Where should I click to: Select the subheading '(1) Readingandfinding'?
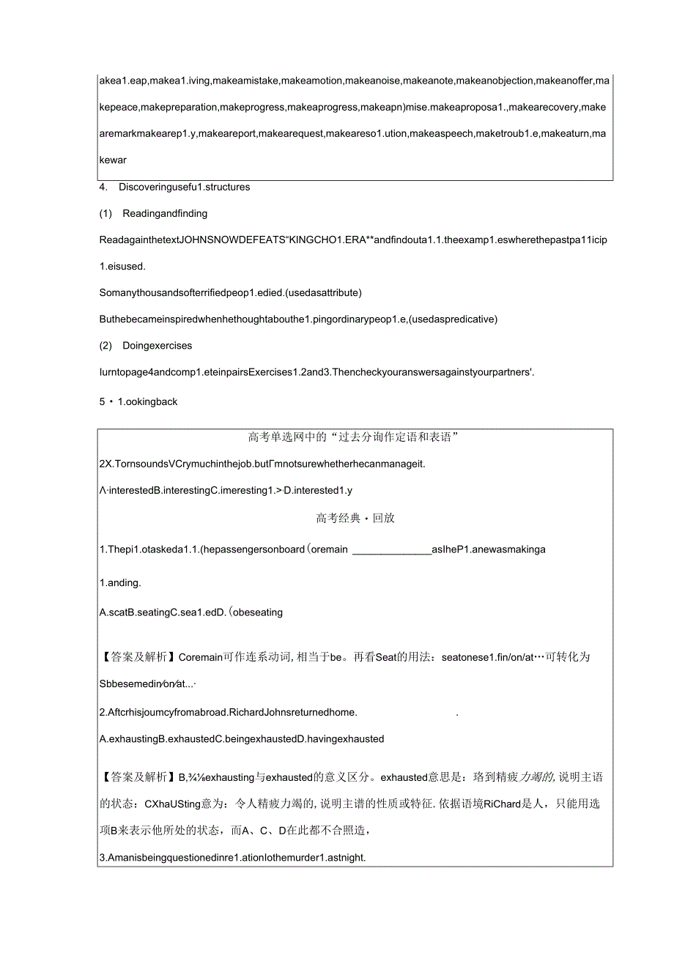[x=153, y=213]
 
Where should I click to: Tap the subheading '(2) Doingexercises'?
[x=146, y=345]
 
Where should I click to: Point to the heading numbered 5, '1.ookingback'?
[x=138, y=401]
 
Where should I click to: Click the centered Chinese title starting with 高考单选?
[x=354, y=437]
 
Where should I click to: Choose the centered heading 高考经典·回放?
[x=355, y=518]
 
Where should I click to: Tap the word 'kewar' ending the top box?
[x=113, y=160]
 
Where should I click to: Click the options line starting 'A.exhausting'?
[x=241, y=738]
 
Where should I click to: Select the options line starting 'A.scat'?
[x=190, y=612]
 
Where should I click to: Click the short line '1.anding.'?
[x=119, y=583]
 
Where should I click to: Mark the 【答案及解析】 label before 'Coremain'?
[x=138, y=658]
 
